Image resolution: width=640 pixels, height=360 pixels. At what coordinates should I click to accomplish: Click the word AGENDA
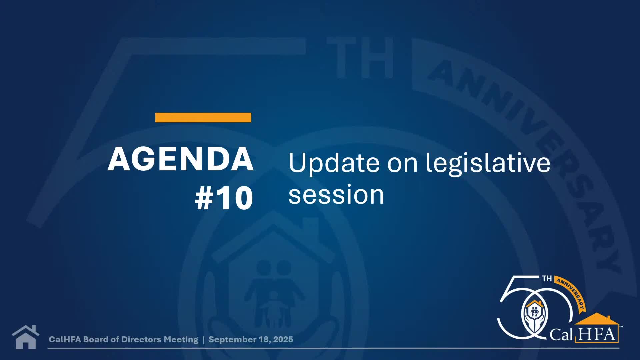point(180,159)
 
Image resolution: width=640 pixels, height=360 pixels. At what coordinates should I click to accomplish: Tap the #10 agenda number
point(224,198)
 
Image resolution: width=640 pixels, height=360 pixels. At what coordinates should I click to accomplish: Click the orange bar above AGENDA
point(203,117)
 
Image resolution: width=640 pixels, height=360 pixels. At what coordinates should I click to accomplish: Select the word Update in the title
point(334,163)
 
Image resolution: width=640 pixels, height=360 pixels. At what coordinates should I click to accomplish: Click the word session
point(336,195)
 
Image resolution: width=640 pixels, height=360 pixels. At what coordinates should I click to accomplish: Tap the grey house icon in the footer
point(25,337)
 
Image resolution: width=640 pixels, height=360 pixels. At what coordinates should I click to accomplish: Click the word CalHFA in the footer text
point(65,339)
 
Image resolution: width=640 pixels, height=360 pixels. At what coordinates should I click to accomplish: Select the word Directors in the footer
point(141,339)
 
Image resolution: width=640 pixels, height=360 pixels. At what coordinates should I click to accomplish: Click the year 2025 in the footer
point(283,339)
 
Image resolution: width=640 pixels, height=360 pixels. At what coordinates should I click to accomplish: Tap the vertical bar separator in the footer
point(203,340)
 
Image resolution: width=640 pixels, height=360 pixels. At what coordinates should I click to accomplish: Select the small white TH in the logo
point(547,279)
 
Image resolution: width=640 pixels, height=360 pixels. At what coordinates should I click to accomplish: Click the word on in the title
point(402,163)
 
